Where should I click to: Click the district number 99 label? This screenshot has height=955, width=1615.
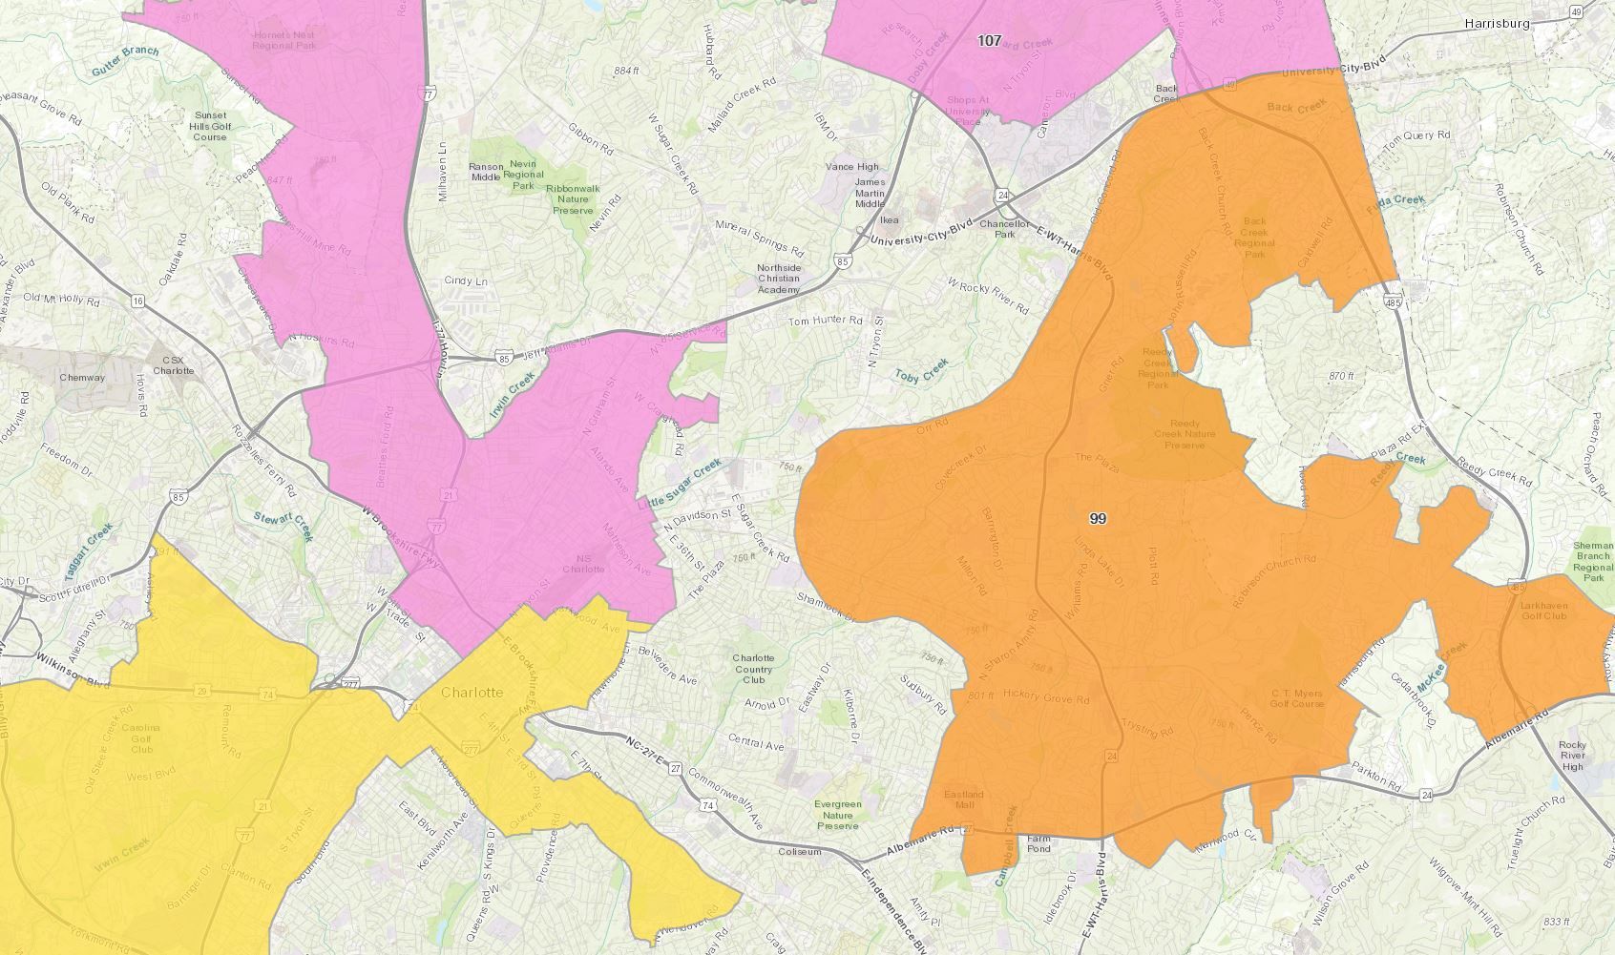[x=1098, y=519]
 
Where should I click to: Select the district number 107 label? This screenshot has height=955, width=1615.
[x=990, y=41]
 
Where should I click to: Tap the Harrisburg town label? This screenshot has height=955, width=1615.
[x=1497, y=23]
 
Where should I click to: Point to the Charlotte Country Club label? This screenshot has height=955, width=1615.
[x=753, y=669]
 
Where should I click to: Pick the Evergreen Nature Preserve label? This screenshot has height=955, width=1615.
[x=838, y=815]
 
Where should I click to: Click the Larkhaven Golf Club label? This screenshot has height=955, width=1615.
[x=1543, y=610]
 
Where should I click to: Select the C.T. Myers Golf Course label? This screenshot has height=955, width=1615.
[x=1296, y=698]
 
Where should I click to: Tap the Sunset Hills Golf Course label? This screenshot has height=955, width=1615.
[x=210, y=126]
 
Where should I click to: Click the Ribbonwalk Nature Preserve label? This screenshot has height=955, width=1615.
[x=574, y=199]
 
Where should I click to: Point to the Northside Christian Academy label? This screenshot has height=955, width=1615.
[x=778, y=279]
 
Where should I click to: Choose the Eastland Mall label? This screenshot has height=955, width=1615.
[x=963, y=799]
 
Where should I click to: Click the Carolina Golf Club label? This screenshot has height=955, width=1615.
[x=141, y=738]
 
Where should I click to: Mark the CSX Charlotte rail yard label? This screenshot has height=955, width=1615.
[x=174, y=365]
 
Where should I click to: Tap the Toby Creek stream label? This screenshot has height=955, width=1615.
[x=922, y=370]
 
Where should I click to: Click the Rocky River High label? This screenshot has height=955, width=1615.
[x=1571, y=756]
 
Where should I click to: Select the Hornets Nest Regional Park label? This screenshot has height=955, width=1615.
[x=283, y=39]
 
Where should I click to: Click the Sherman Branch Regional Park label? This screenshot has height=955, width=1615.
[x=1592, y=561]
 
